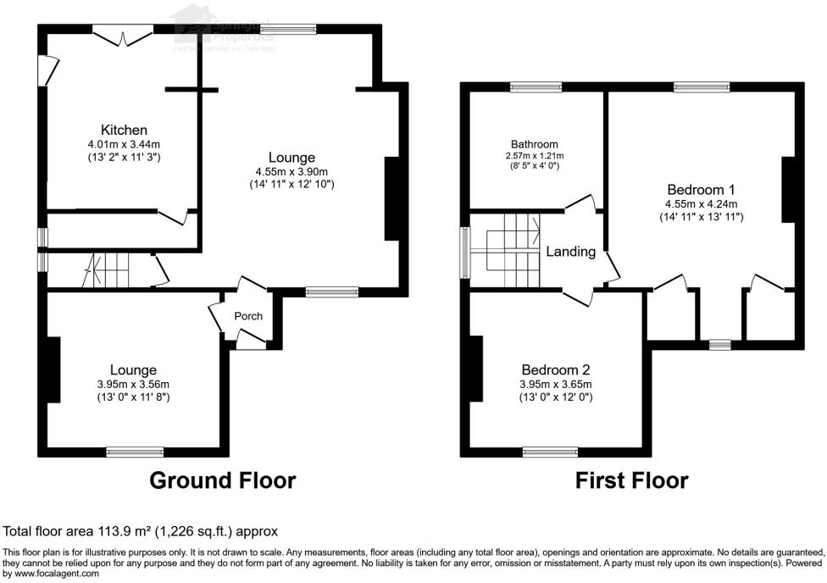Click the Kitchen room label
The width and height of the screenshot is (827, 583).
point(125,130)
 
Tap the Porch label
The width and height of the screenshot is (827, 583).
point(248,316)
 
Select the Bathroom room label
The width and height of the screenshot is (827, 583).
point(534,144)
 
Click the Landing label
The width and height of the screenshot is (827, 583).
point(570,252)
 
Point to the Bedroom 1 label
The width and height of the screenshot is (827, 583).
point(701,189)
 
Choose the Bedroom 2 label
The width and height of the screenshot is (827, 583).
point(555,369)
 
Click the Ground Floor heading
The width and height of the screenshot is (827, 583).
point(223,481)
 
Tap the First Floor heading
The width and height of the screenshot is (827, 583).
point(631,481)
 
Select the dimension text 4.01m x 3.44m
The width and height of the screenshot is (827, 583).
point(124,144)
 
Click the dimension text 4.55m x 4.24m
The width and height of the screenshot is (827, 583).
point(701,204)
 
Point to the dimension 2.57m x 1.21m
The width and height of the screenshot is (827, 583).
point(534,156)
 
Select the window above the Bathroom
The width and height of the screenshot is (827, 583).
point(535,86)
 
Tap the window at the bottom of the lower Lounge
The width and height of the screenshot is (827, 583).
point(135,452)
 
